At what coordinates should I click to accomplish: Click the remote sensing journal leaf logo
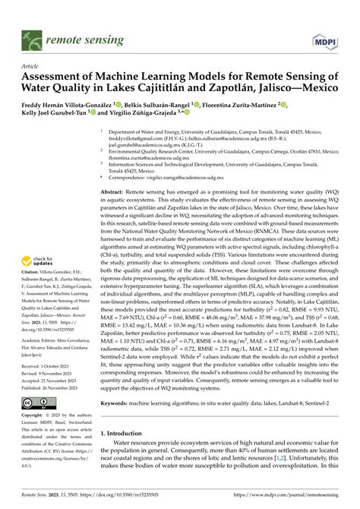pos(30,36)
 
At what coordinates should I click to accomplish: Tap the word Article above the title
pos(33,66)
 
